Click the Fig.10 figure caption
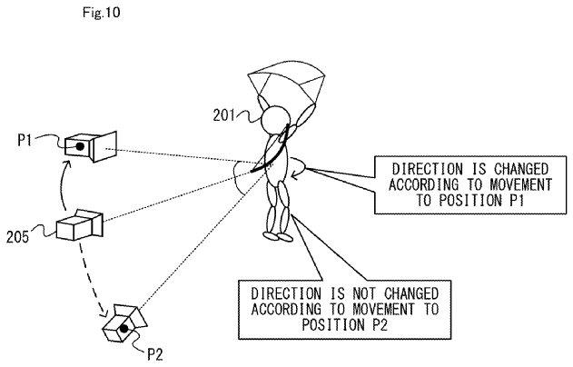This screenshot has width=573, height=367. coord(101,13)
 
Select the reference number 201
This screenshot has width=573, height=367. coord(223,115)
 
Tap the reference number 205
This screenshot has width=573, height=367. coord(17,237)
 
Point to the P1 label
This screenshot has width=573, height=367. coord(25,140)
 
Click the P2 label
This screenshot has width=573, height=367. coord(154,354)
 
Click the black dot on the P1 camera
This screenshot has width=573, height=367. coord(80,147)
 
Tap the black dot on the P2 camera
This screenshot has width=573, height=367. coord(124,329)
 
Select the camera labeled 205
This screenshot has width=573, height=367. coord(80,224)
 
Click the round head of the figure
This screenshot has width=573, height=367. coord(276,120)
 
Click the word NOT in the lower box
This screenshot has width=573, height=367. coord(363,293)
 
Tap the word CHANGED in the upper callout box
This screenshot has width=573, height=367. coord(521,169)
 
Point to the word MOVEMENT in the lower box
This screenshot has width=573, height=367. coord(383,309)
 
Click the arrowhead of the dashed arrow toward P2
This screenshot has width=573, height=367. coord(104,313)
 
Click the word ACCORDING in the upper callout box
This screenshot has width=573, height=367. coord(423,184)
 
